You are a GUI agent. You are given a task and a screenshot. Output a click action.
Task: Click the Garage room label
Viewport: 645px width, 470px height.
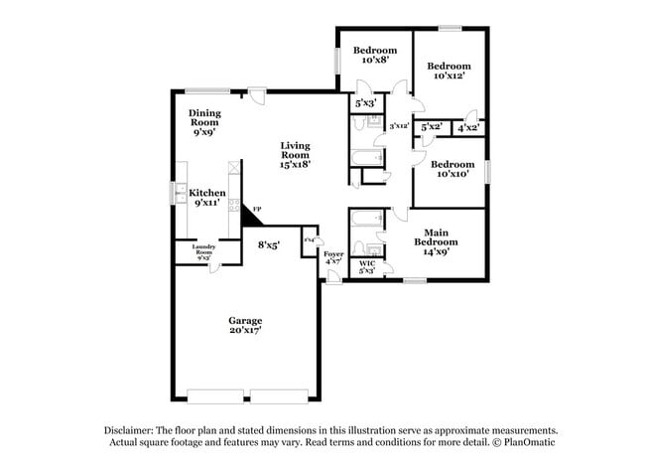[x=245, y=320]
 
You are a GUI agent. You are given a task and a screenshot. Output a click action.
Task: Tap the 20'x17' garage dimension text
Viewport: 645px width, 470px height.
[x=245, y=331]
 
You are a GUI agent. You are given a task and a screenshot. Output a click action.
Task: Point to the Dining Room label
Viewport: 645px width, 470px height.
[x=204, y=119]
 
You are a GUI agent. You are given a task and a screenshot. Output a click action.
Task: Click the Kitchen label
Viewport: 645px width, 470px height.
[x=207, y=193]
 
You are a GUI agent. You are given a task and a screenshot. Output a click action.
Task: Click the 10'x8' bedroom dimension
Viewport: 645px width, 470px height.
[x=374, y=61]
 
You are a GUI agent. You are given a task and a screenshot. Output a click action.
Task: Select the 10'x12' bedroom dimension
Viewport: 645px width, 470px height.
[x=449, y=76]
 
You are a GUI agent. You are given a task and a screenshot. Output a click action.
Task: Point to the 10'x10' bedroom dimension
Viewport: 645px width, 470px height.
[x=450, y=175]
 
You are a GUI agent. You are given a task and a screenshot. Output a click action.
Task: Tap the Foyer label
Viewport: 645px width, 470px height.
[x=333, y=254]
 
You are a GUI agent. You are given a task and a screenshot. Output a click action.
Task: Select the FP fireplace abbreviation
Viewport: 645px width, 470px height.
[x=258, y=210]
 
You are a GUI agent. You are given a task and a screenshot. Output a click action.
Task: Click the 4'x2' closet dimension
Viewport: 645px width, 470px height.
[x=467, y=127]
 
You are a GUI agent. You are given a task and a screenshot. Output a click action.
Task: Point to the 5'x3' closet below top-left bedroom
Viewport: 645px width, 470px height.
[x=366, y=102]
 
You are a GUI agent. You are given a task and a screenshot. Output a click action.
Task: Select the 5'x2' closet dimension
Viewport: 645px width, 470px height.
[x=431, y=127]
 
